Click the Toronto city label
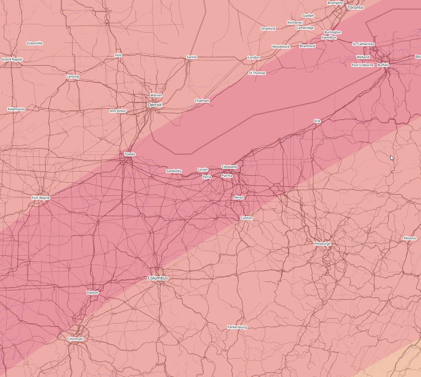pos(355,7)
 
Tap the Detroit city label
pos(155,105)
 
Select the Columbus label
pos(158,278)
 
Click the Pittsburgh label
pos(322,244)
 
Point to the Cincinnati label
pos(75,339)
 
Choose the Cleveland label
pos(229,167)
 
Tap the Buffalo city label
pos(383,65)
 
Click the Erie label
pos(317,121)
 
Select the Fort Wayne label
pos(41,198)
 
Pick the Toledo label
pos(130,154)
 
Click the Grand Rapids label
pos(12,59)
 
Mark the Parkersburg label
pos(237,327)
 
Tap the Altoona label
pos(410,238)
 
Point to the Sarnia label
pos(191,57)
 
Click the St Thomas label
pos(257,73)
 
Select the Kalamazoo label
pos(16,109)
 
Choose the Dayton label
pos(93,293)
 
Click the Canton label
pos(246,218)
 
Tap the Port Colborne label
pos(363,65)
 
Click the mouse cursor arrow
pos(392,158)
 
